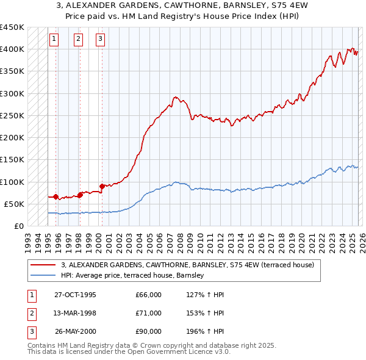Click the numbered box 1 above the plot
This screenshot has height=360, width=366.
point(54,39)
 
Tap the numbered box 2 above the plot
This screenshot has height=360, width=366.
point(79,39)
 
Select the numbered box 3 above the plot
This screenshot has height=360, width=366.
point(100,39)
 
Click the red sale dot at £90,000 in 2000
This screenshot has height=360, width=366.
point(102,186)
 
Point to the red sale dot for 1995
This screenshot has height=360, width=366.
point(56,196)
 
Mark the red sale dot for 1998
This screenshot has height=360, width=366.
point(80,195)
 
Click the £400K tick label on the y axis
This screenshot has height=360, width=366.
point(12,49)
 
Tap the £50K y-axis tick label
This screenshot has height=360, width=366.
point(14,204)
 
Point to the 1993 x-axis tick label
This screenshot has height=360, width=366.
point(27,239)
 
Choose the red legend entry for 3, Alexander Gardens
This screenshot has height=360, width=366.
point(187,265)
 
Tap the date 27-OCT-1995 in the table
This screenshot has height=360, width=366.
point(75,295)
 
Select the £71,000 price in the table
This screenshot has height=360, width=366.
point(149,313)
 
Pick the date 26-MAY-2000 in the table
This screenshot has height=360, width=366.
point(75,331)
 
